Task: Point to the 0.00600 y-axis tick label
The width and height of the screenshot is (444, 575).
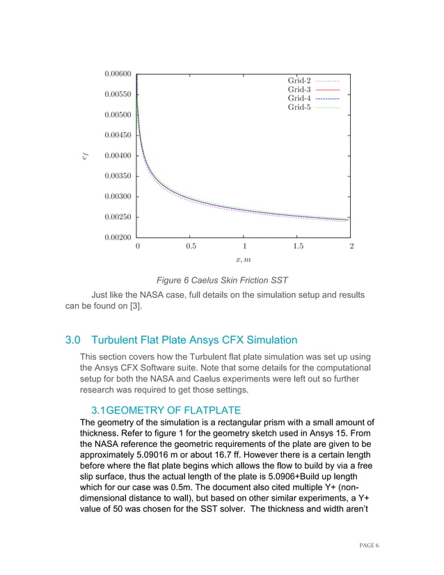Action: click(x=118, y=73)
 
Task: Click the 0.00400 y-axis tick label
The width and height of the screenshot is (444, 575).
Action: click(x=118, y=155)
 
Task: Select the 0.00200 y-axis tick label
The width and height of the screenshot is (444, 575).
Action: click(x=118, y=237)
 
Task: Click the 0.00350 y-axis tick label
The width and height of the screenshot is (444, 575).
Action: click(x=118, y=176)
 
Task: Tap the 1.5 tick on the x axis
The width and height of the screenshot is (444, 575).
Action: click(x=298, y=246)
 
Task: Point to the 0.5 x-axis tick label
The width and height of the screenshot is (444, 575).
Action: click(x=191, y=246)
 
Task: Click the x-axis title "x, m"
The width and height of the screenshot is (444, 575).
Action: click(x=244, y=260)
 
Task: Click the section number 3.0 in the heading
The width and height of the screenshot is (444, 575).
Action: click(x=73, y=340)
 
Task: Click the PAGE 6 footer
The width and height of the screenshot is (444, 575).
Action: click(x=366, y=546)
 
